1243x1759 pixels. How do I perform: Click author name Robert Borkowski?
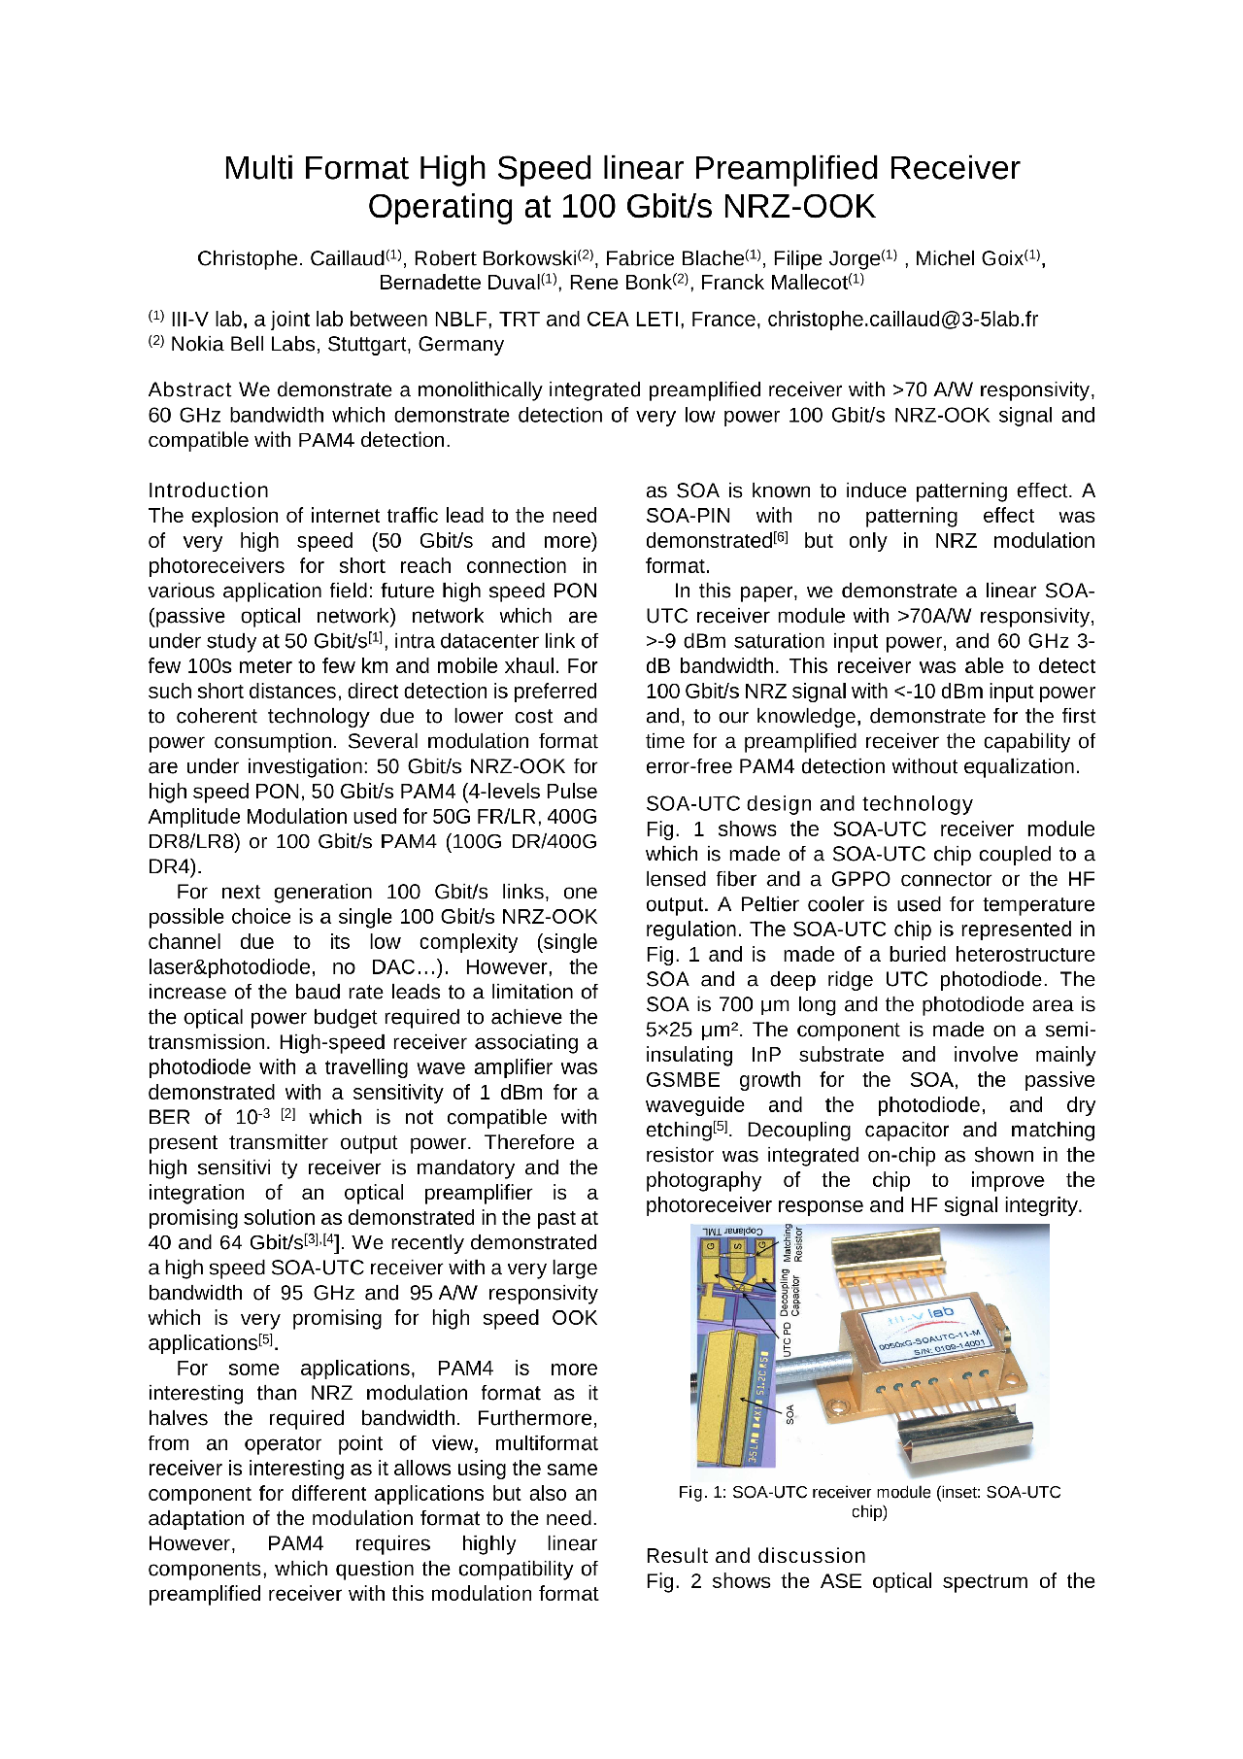click(x=495, y=258)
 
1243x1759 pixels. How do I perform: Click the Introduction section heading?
click(x=208, y=490)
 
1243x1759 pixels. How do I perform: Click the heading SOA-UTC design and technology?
click(x=809, y=804)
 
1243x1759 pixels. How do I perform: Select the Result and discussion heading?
click(x=756, y=1556)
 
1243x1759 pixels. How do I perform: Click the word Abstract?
click(x=189, y=390)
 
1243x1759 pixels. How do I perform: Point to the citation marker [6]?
click(x=781, y=535)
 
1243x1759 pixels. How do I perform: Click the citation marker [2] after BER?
click(x=287, y=1114)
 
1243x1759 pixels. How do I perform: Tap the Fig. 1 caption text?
click(x=869, y=1502)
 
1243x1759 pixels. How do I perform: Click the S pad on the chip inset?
click(x=737, y=1247)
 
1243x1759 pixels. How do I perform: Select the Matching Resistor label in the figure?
click(x=793, y=1242)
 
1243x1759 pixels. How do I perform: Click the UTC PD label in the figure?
click(x=789, y=1340)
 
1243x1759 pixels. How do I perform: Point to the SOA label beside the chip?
click(x=789, y=1413)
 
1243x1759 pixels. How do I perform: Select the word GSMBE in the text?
click(x=683, y=1080)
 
